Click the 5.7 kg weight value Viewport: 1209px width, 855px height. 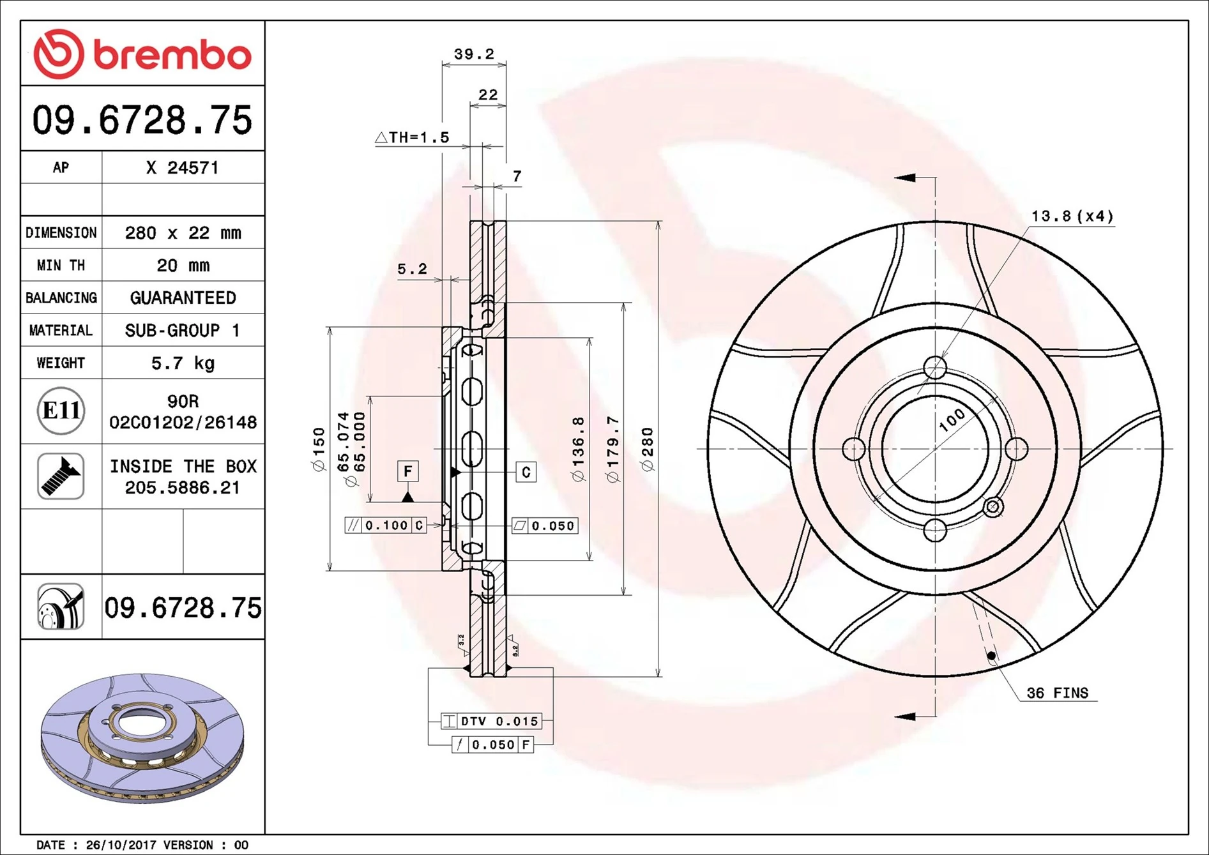[183, 363]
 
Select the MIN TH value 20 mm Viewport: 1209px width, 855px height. [183, 266]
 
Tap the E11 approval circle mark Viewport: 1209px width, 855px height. [61, 411]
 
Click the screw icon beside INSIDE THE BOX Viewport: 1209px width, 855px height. [61, 476]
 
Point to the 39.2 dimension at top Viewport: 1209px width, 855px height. [474, 54]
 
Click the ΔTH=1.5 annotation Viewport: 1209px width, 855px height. [413, 137]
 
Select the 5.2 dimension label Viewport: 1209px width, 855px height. [412, 269]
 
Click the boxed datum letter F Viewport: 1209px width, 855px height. [407, 472]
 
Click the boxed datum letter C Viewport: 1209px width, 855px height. [526, 473]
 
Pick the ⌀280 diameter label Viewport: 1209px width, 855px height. [648, 449]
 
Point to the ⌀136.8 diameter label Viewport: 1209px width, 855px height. [578, 449]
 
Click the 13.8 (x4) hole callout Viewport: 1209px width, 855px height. [1072, 216]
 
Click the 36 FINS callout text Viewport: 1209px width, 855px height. [1057, 693]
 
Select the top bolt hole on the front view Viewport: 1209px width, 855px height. [935, 368]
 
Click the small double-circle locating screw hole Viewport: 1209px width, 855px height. [992, 508]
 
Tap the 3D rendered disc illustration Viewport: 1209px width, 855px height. [142, 738]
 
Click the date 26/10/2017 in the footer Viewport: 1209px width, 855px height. [121, 845]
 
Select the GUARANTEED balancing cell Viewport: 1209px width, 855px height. [183, 298]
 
